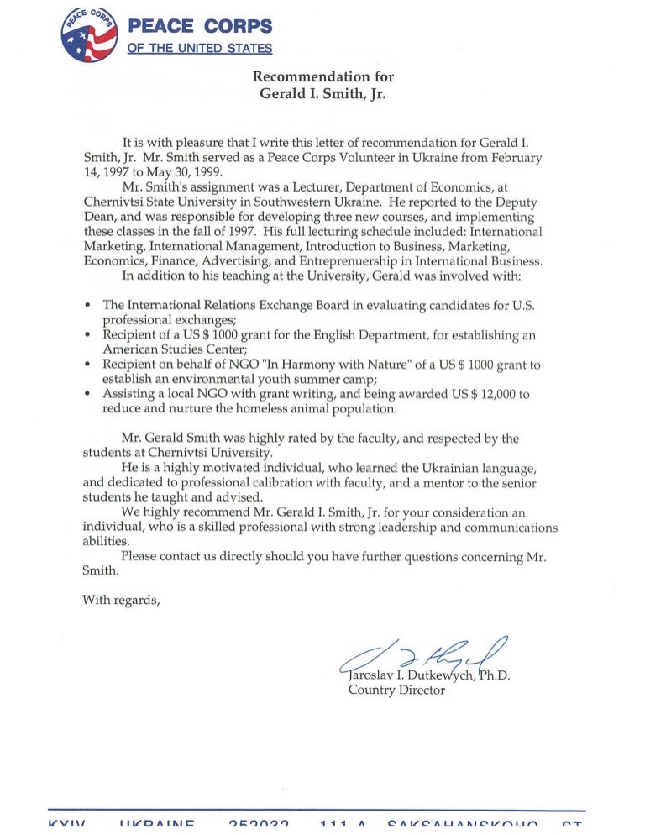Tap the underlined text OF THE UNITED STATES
(199, 49)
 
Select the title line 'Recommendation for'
(323, 77)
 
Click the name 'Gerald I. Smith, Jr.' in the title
(323, 94)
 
